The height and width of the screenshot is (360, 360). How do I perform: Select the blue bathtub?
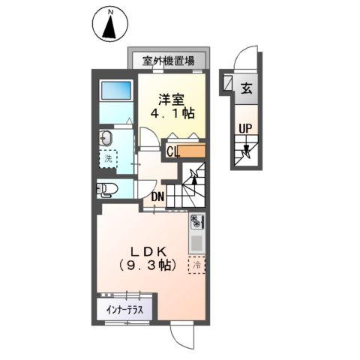click(x=116, y=89)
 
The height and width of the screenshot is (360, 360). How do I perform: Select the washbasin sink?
click(x=106, y=137)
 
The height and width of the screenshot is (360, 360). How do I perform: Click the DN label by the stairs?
click(x=157, y=197)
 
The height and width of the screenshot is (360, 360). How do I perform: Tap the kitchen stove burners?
click(x=196, y=222)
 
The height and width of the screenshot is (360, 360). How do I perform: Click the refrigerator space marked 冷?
click(x=197, y=265)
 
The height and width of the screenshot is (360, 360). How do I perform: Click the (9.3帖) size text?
click(x=147, y=265)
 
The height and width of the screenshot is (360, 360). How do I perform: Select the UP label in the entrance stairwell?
click(x=244, y=129)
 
